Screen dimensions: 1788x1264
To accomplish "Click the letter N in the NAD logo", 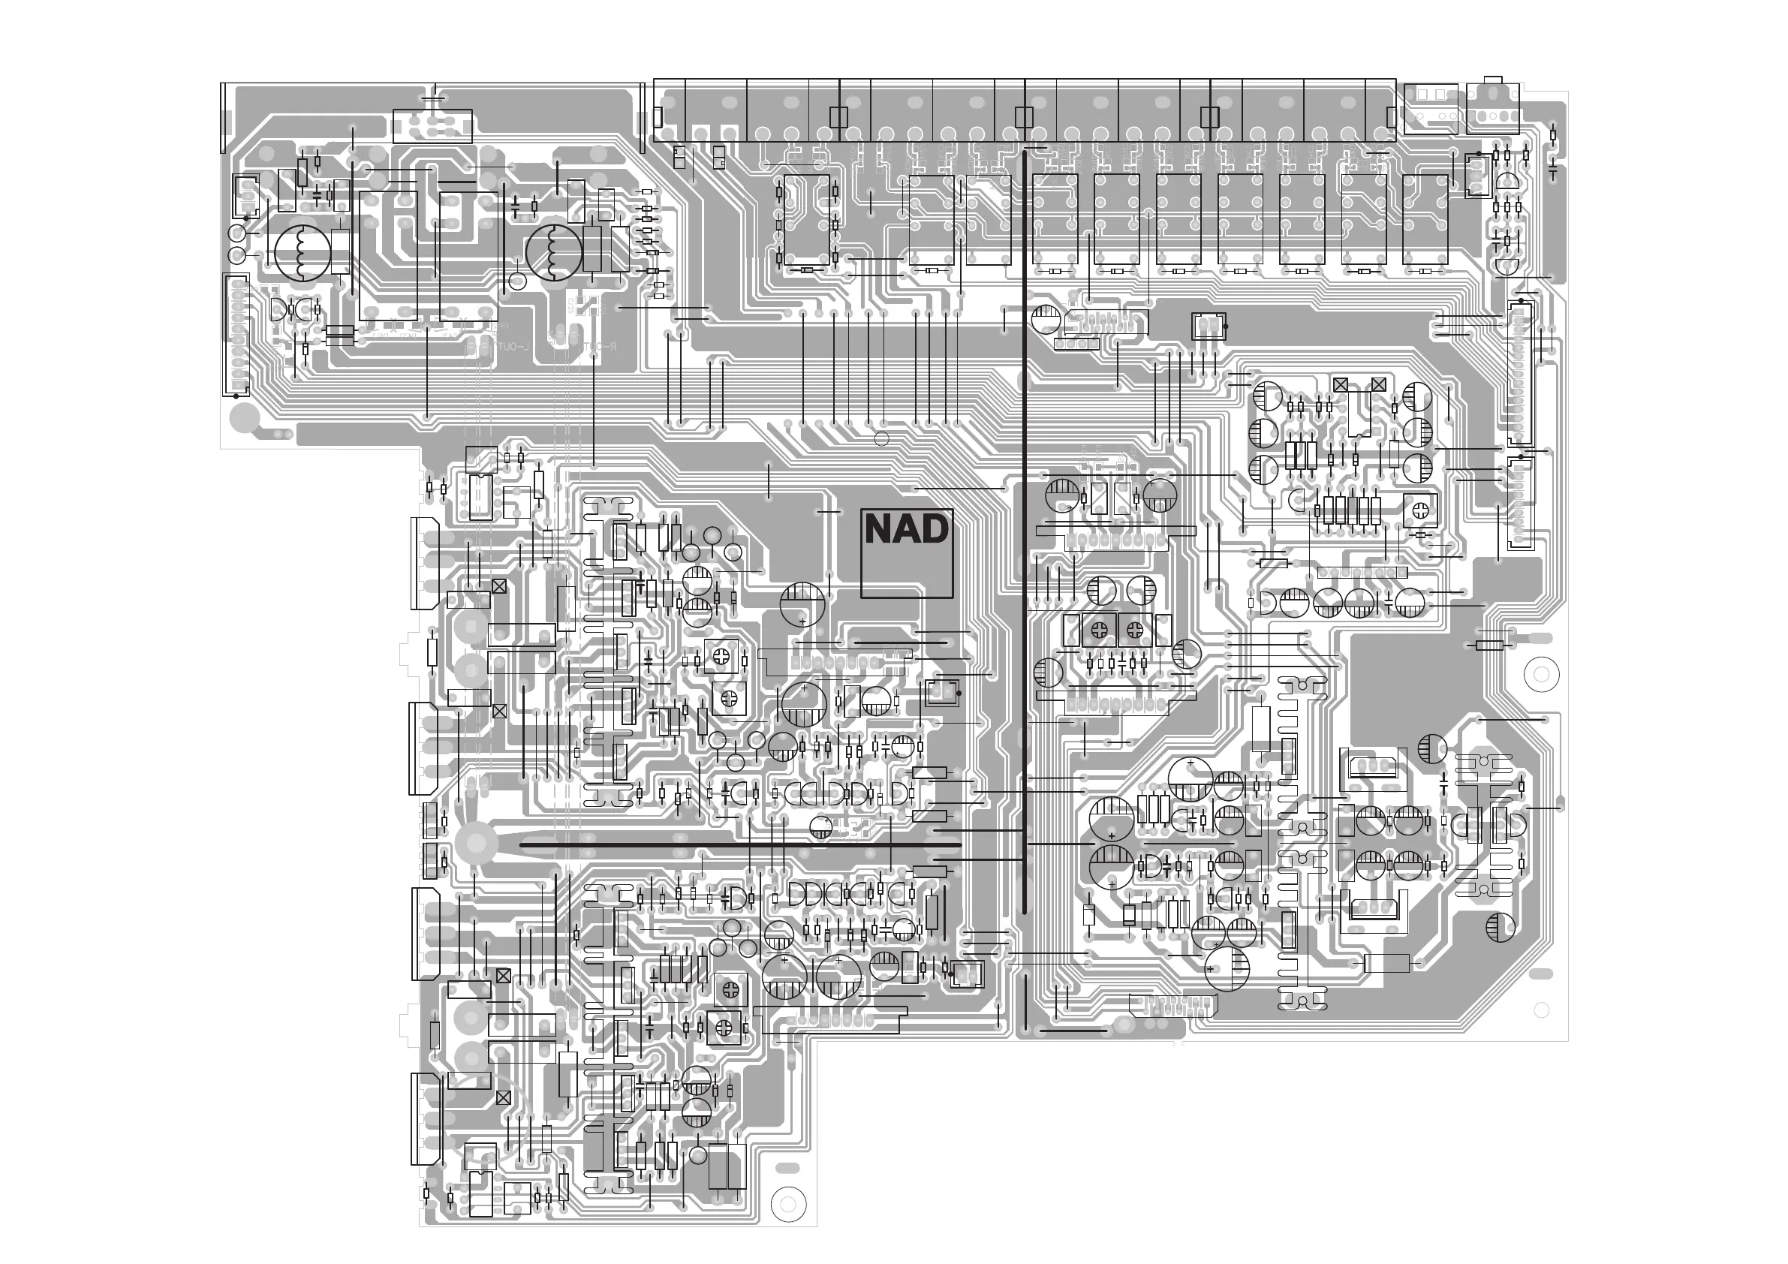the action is point(880,531).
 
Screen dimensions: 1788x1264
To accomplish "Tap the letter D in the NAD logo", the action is point(935,531).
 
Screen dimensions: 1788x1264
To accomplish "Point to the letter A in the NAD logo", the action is point(908,531).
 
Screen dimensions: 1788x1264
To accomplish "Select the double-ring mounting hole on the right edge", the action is point(1540,674).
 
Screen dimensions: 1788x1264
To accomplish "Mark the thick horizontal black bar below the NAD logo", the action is point(740,844).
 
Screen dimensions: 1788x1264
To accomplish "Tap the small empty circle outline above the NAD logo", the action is point(881,438).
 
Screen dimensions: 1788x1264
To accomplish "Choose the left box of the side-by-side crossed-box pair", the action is point(1340,384).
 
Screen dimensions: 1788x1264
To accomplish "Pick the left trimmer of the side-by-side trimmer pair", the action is point(1099,630).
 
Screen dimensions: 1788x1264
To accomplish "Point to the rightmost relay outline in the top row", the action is point(1425,219).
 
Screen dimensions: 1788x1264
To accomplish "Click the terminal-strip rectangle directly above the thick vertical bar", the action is point(1024,117).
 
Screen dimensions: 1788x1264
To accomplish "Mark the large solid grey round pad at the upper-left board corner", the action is point(245,418).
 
